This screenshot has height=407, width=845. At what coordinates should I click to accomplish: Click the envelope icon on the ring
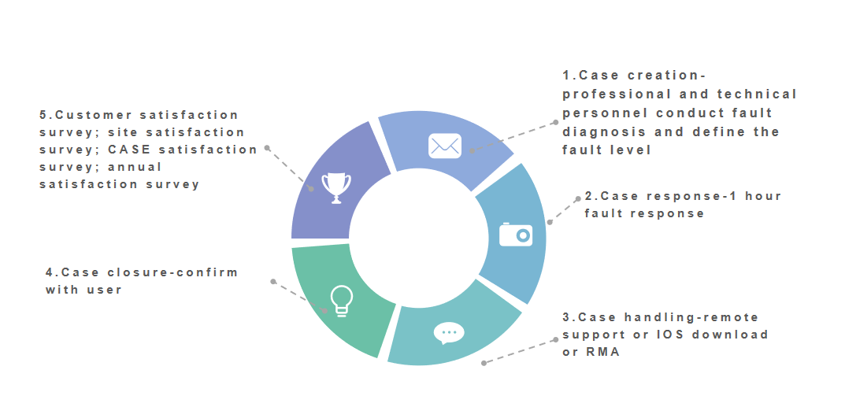pyautogui.click(x=444, y=146)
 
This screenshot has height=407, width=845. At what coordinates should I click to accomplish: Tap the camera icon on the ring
pyautogui.click(x=516, y=234)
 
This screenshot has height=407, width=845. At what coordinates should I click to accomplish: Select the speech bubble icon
pyautogui.click(x=449, y=333)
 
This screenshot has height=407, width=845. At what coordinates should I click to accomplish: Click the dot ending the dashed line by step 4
pyautogui.click(x=272, y=281)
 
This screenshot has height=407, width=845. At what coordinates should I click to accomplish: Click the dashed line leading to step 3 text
pyautogui.click(x=520, y=352)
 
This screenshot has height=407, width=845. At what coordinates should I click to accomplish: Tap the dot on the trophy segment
pyautogui.click(x=312, y=189)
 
